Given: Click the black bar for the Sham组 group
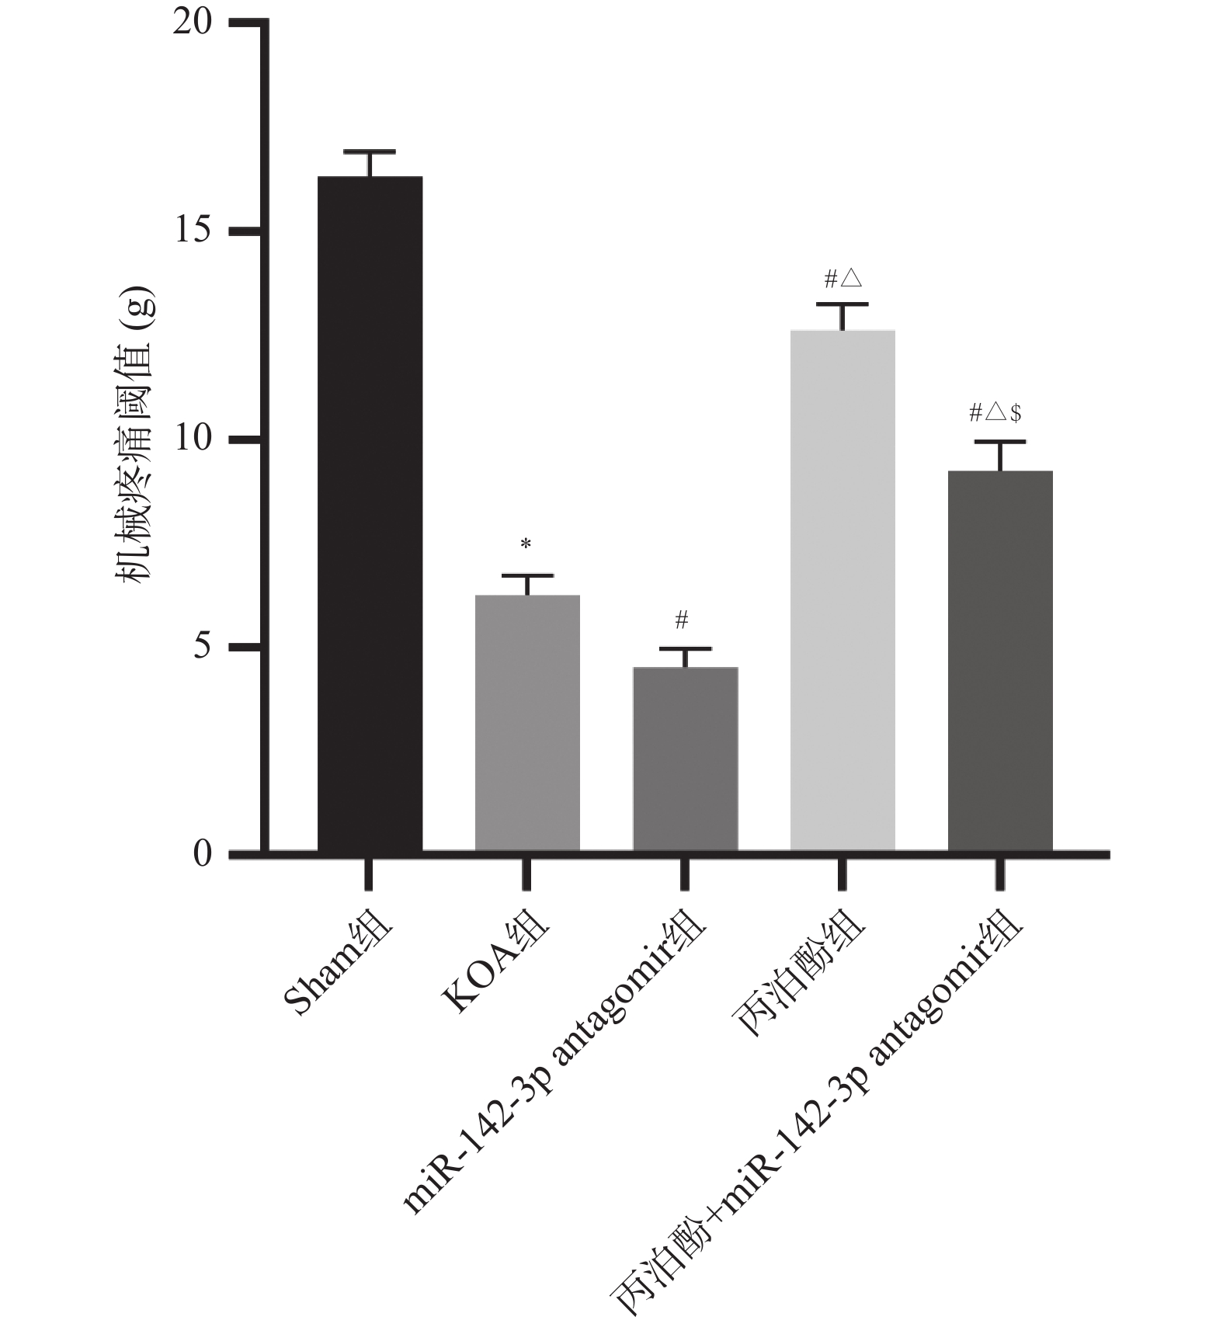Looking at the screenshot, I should (x=370, y=512).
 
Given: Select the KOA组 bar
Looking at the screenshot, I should (x=527, y=722).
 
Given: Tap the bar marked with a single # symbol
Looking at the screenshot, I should (x=685, y=758).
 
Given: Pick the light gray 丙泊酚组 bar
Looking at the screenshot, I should (x=843, y=590).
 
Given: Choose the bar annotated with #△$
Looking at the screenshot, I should (x=1000, y=660).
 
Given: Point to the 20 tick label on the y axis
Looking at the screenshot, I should (x=193, y=23).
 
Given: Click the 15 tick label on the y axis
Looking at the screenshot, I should (x=193, y=231).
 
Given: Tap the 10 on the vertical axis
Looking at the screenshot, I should (x=193, y=439).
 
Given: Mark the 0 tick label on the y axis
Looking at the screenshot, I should (x=202, y=854).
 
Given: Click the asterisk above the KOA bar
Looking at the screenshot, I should (x=526, y=545).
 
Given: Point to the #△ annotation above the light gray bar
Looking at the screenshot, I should (x=843, y=279).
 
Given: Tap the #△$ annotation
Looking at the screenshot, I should (x=995, y=413).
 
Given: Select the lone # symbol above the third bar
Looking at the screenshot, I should (x=682, y=620).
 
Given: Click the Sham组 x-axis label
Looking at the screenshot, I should (x=339, y=967).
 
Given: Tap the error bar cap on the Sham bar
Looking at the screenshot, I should (x=370, y=151).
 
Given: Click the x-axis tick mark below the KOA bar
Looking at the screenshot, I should (x=527, y=874).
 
